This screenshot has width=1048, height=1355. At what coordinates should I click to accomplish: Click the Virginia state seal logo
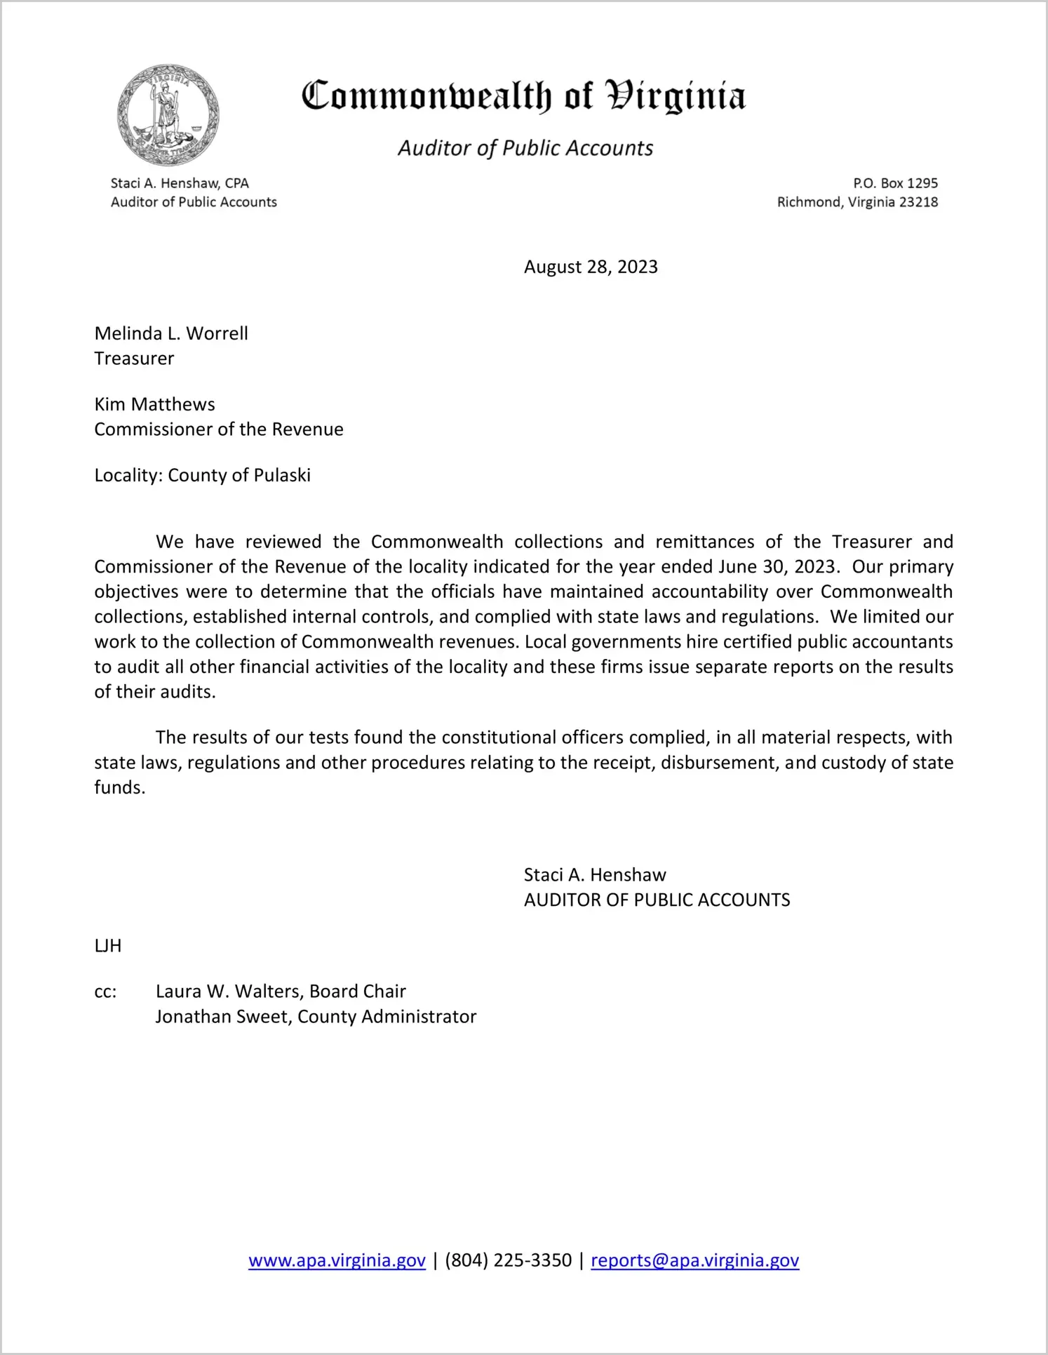[168, 114]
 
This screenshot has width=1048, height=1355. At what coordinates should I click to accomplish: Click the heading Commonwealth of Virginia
[523, 96]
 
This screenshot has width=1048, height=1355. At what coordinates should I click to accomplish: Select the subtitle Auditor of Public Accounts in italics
[525, 148]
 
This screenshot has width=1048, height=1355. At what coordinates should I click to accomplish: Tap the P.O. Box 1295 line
[895, 183]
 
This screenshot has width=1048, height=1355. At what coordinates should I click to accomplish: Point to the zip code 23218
[918, 202]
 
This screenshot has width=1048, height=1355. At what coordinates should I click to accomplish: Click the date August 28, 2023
[591, 267]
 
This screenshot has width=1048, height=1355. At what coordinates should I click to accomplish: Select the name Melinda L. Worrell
[171, 333]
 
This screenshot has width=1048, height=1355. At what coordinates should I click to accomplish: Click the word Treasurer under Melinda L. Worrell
[134, 359]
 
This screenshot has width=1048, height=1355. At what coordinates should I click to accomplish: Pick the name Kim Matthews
[154, 404]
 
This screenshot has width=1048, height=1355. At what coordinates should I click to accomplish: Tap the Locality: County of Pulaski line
[202, 475]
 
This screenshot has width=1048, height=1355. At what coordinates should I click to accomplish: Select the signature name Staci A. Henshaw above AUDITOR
[595, 874]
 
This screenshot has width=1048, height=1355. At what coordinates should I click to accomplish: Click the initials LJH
[108, 946]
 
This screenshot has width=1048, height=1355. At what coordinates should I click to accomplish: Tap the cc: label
[105, 992]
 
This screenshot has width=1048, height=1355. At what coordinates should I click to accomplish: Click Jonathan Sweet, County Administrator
[316, 1017]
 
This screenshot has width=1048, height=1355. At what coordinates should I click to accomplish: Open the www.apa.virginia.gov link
[337, 1260]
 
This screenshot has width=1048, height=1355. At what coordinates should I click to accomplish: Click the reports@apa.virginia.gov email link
[694, 1260]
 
